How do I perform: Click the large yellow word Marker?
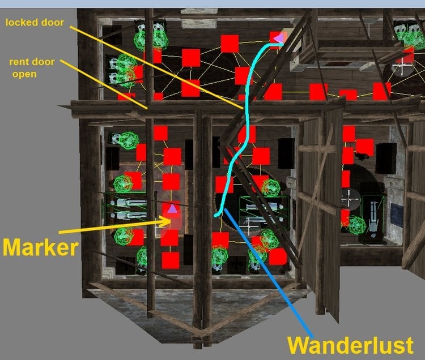point(41,247)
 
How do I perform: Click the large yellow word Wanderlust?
point(350,345)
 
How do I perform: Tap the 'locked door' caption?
point(35,22)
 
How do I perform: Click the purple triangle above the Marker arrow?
point(172,209)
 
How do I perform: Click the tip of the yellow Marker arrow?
point(171,221)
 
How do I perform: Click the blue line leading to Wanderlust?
point(269,273)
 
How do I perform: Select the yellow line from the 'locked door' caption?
point(156,67)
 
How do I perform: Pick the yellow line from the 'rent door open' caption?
point(104,84)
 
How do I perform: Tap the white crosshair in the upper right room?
point(401,67)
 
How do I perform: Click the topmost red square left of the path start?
point(229,44)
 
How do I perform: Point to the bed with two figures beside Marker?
point(128,208)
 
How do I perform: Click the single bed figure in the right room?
point(373,217)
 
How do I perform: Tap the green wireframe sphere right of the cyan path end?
point(270,188)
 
